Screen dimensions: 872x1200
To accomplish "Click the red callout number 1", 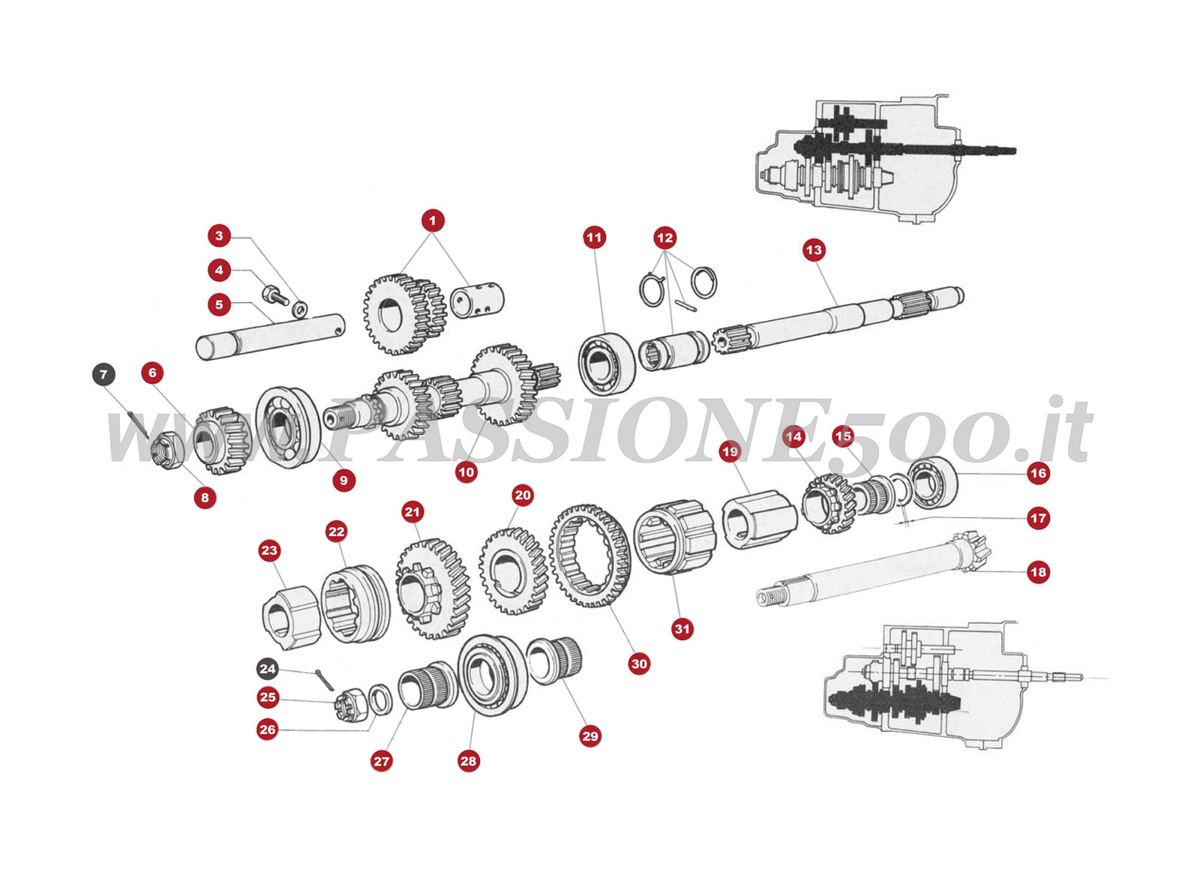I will coord(432,220).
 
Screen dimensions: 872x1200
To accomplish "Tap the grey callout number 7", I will coord(103,374).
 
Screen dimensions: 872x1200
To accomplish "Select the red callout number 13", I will coord(814,250).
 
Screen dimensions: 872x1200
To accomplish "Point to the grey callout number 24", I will coord(268,669).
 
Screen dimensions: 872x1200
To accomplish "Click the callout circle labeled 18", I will coord(1038,572).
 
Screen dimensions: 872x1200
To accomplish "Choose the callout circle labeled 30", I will coord(639,664).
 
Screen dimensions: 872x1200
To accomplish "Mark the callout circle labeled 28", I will coord(468,761).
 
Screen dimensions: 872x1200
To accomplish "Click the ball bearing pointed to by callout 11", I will coord(606,363).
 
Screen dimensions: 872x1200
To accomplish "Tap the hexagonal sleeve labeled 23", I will coord(291,617).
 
